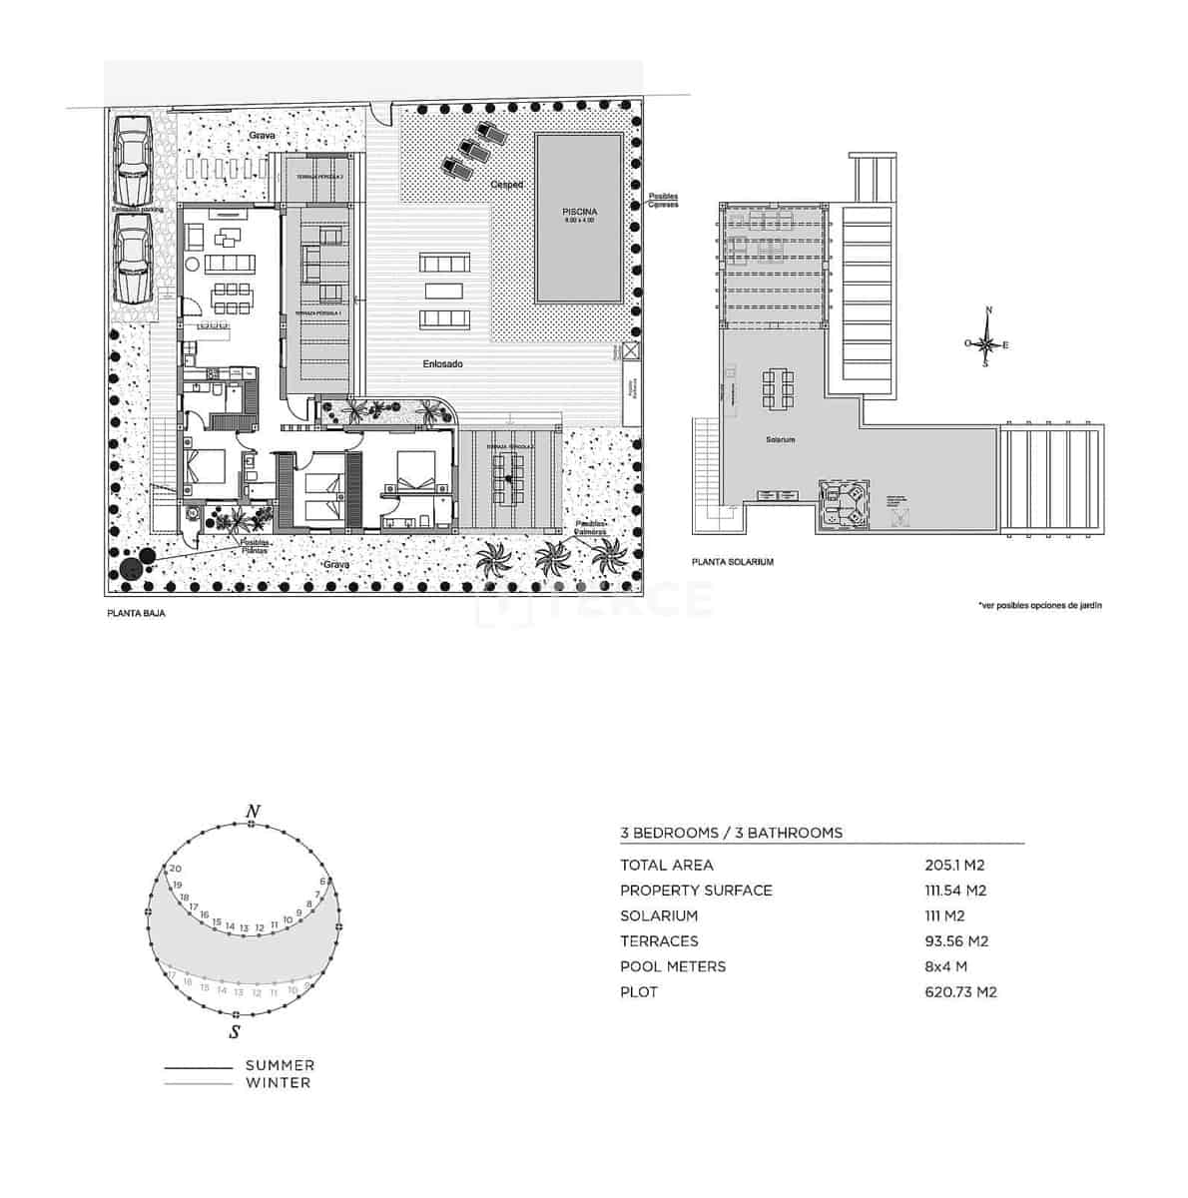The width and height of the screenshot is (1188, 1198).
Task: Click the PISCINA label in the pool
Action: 579,212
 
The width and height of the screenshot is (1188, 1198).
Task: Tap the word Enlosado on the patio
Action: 441,364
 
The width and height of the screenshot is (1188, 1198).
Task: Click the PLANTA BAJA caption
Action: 136,614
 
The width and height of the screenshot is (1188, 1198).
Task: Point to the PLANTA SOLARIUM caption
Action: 733,562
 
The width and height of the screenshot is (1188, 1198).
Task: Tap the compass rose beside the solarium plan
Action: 986,344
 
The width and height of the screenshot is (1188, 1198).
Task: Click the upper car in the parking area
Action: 132,160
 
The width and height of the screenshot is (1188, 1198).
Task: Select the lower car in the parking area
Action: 132,258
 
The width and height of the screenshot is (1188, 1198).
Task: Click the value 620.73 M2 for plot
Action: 960,992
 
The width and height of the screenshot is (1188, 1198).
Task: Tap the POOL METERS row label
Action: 673,966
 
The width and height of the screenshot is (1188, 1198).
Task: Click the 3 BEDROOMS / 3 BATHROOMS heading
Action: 731,833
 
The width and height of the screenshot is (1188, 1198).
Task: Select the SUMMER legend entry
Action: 280,1065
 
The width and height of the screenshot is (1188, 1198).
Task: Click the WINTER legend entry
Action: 278,1082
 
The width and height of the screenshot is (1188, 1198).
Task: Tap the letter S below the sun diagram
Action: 234,1031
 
